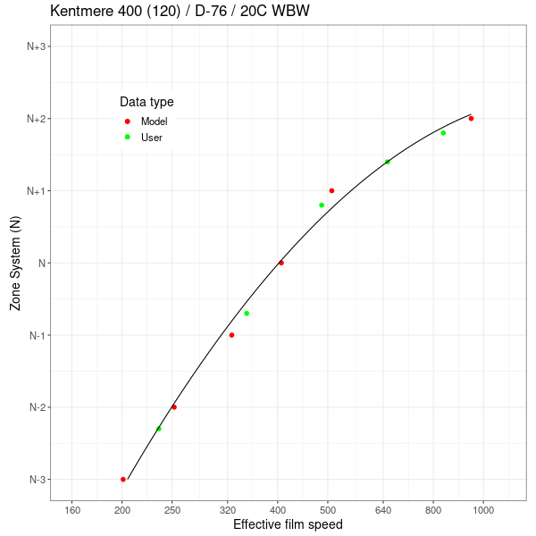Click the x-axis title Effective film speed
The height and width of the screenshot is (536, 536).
(288, 524)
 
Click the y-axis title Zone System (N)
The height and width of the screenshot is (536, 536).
(15, 264)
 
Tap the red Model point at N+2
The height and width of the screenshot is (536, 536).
(471, 119)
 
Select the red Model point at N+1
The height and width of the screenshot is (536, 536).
(331, 190)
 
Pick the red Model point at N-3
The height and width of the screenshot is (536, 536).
(123, 480)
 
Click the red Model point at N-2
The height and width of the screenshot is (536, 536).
(174, 407)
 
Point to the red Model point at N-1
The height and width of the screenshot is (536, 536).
(231, 335)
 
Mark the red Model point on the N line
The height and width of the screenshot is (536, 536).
(281, 263)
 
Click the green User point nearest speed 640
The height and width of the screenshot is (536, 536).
(387, 162)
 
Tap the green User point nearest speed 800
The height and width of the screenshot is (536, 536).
(443, 133)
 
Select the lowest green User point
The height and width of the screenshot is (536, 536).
(159, 429)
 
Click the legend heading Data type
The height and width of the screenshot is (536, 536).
(147, 102)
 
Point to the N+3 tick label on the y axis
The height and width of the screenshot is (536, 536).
(36, 46)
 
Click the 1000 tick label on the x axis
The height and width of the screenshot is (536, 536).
(483, 510)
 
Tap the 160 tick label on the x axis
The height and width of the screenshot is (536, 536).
(73, 510)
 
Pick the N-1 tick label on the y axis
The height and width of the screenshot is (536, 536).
(38, 336)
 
